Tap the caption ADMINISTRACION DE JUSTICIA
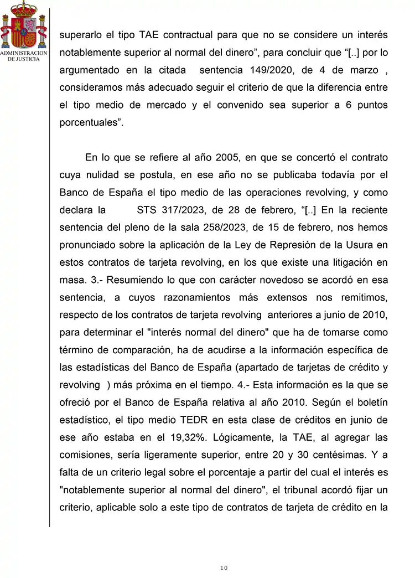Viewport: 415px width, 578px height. (x=23, y=56)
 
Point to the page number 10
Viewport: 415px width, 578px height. (x=223, y=568)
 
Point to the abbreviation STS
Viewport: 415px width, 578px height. (x=147, y=210)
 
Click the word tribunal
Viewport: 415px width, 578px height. (x=297, y=489)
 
